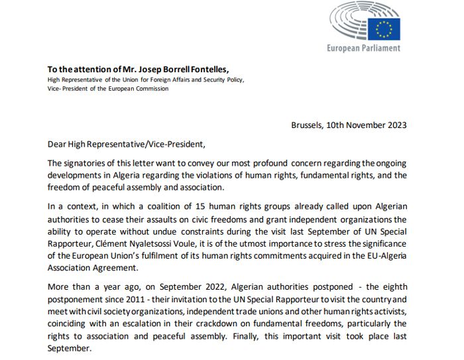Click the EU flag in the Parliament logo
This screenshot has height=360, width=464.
pos(384,29)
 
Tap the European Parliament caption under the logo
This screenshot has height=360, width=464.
pos(363,48)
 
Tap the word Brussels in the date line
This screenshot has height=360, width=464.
pos(308,125)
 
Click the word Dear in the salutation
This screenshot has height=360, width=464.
pos(58,144)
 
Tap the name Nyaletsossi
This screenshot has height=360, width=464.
pos(157,244)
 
